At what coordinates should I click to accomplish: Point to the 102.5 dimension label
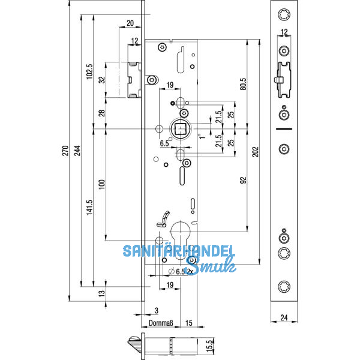[89, 71]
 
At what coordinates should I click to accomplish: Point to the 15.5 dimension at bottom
[211, 346]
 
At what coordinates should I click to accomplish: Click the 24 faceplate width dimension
[284, 319]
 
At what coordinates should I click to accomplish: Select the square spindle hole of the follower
[181, 128]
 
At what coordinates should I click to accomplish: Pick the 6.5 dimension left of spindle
[164, 144]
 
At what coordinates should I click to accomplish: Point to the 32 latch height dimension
[101, 79]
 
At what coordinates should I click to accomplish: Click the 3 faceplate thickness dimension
[156, 310]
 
